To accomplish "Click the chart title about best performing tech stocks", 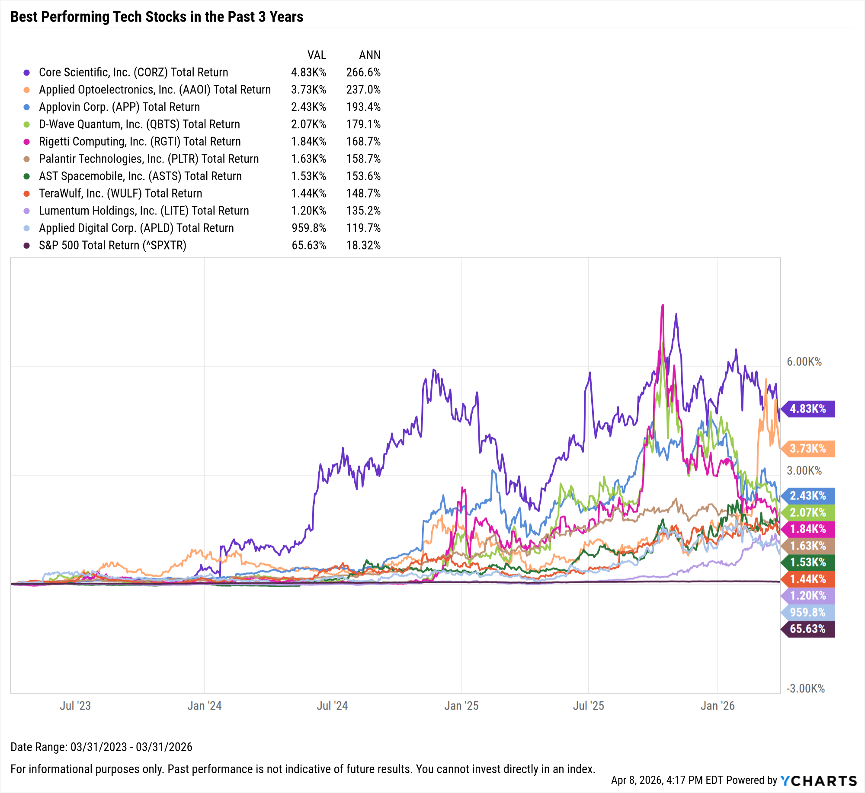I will point(157,17).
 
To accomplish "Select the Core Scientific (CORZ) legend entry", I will point(133,72).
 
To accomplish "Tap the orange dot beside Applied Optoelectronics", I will point(27,90).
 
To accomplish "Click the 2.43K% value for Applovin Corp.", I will point(308,107).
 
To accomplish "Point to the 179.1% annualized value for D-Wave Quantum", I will point(363,124).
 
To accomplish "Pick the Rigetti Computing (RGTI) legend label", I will point(140,141).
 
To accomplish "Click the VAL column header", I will point(317,55).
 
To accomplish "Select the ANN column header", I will point(370,55).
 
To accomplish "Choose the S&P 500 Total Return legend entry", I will point(112,245).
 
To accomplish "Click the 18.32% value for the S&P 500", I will point(363,245).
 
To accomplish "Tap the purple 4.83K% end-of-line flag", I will point(807,409).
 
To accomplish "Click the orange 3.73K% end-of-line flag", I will point(807,448).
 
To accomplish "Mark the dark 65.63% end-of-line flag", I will point(807,629).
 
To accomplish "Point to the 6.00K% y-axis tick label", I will point(804,362).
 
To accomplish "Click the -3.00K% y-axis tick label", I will point(805,688).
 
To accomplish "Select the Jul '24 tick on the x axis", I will point(332,706).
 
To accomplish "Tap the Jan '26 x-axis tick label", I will point(718,706).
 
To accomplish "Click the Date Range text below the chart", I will point(101,747).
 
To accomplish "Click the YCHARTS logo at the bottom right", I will point(819,780).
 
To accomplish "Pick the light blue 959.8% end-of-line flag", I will point(807,612).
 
